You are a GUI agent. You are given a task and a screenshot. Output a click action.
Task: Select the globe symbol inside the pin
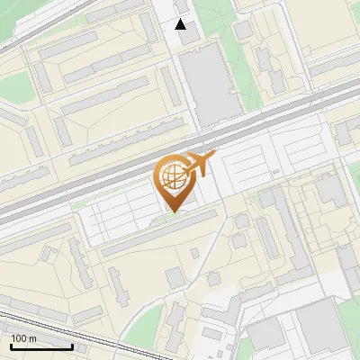pyautogui.click(x=172, y=175)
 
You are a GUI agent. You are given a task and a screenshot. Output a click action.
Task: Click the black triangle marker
pyautogui.click(x=181, y=24)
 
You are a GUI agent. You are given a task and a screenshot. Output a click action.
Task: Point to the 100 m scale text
pyautogui.click(x=23, y=338)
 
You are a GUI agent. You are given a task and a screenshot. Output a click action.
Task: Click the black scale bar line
pyautogui.click(x=41, y=346)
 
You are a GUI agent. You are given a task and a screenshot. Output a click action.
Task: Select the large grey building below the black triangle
pyautogui.click(x=209, y=85)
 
